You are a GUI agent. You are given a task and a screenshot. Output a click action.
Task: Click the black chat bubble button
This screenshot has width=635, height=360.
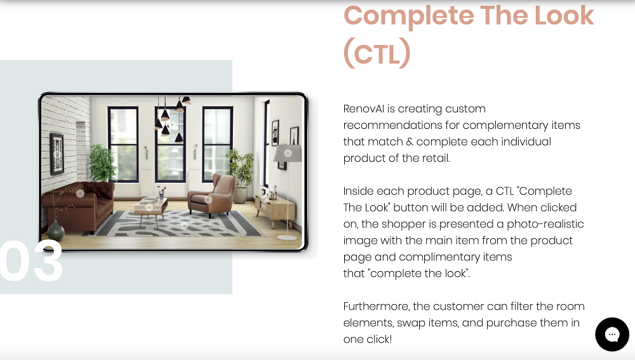612,335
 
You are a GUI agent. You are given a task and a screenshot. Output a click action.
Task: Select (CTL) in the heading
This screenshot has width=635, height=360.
377,53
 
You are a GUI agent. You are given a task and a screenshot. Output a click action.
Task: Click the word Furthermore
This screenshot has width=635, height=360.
376,306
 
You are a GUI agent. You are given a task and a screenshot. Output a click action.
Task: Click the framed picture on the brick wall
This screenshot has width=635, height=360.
57,154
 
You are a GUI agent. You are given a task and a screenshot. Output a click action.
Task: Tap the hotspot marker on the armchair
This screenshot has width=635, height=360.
208,199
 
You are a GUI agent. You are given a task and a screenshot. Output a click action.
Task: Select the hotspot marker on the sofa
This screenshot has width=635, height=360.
80,194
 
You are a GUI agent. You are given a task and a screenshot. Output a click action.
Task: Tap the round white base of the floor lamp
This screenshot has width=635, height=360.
288,237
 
